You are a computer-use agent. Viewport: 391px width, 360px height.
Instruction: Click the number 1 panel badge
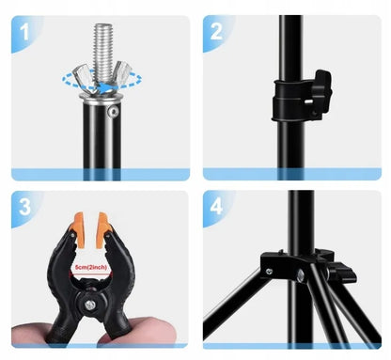[24, 33]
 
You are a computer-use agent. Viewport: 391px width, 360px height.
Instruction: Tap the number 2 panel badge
[216, 32]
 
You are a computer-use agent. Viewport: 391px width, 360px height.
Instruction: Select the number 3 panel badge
[24, 207]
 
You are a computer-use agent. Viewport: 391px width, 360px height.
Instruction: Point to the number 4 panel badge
[216, 207]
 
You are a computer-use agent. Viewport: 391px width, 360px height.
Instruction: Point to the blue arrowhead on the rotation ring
[105, 86]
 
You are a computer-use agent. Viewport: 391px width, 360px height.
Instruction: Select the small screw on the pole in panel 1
[113, 111]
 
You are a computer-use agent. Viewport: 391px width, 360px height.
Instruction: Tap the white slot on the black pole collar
[308, 102]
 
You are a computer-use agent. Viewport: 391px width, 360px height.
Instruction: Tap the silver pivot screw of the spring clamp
[91, 305]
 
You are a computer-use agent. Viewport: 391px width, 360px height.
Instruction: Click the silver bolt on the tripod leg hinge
[301, 276]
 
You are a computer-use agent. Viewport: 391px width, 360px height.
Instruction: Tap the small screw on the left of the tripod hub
[269, 271]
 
